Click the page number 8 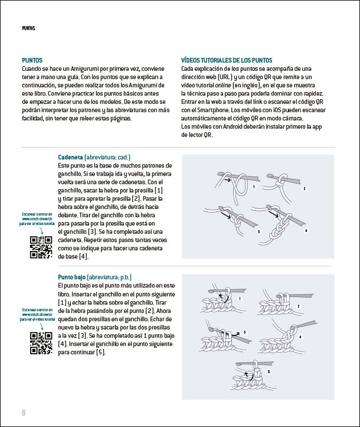point(24,412)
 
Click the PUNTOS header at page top point(28,28)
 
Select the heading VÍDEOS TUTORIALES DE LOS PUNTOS point(227,60)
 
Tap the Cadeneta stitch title point(70,158)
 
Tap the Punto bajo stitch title point(72,277)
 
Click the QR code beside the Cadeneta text point(41,247)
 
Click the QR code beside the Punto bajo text point(41,343)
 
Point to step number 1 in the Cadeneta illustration point(253,187)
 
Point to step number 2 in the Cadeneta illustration point(305,189)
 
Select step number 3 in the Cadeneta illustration point(258,232)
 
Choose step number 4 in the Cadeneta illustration point(306,230)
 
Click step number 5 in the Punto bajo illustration point(269,371)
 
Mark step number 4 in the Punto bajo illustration point(300,337)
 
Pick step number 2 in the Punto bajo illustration point(299,306)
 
